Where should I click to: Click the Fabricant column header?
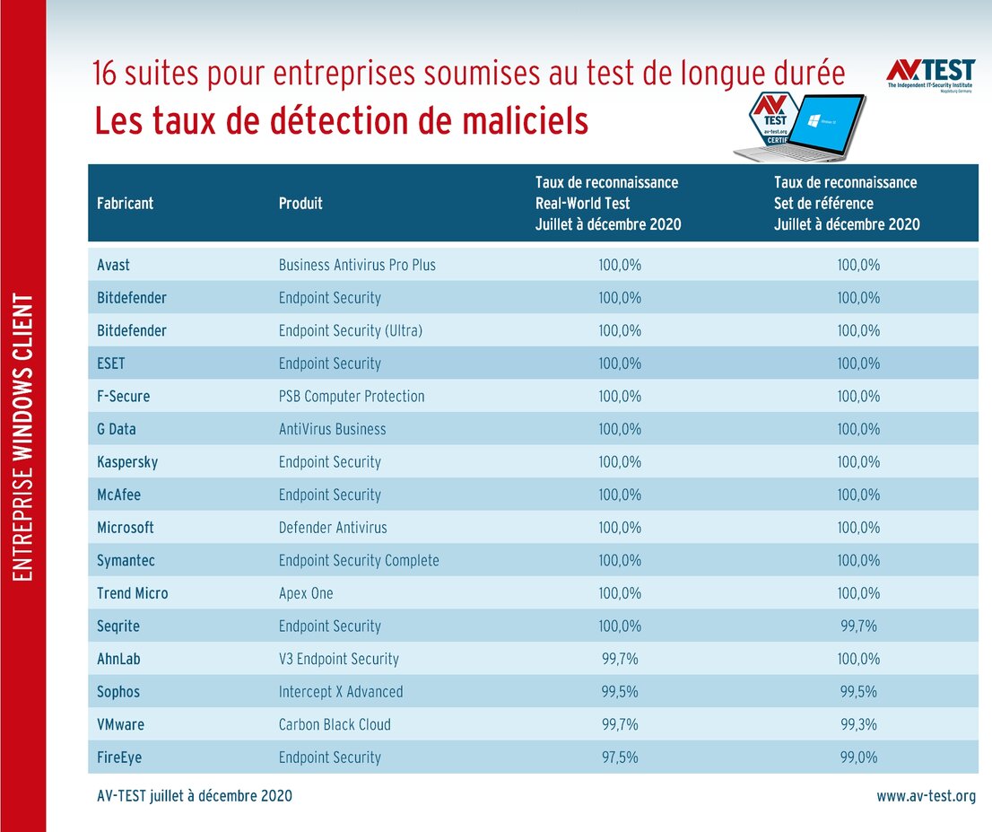pos(125,204)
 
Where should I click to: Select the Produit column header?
pos(300,204)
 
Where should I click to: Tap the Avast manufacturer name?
pos(113,265)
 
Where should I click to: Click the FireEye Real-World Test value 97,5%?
pos(620,758)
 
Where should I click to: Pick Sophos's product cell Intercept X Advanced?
pos(341,692)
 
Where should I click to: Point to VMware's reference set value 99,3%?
pos(858,724)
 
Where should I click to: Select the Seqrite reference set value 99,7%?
pos(858,626)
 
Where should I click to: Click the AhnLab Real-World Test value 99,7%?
pos(620,659)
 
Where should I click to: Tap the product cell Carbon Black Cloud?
pos(335,724)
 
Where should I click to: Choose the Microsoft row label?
pos(126,528)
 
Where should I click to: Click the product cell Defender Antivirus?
pos(333,528)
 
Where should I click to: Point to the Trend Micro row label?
pos(133,593)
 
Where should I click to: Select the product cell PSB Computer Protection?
pos(352,396)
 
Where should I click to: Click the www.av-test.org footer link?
pos(926,796)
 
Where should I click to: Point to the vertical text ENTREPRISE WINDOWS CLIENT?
pos(25,435)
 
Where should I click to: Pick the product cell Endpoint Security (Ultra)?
pos(351,330)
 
